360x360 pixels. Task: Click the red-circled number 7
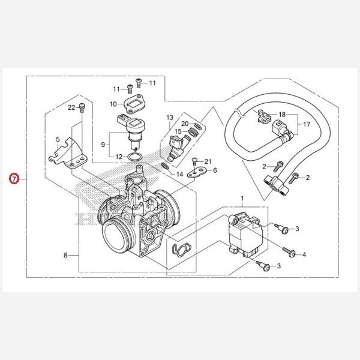[x=14, y=178]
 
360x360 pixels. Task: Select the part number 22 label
[x=71, y=107]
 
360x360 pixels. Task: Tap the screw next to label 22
[x=82, y=107]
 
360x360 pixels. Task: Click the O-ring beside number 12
[x=135, y=157]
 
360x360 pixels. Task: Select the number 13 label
[x=170, y=118]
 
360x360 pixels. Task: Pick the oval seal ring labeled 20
[x=198, y=126]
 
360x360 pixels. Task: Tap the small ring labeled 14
[x=166, y=166]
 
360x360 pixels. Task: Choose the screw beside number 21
[x=195, y=161]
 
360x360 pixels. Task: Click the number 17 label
[x=307, y=124]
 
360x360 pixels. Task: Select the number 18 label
[x=282, y=115]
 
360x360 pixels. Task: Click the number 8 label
[x=65, y=255]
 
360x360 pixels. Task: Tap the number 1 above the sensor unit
[x=242, y=199]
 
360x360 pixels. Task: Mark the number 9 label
[x=103, y=145]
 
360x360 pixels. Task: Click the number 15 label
[x=178, y=131]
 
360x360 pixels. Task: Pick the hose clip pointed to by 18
[x=263, y=116]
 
